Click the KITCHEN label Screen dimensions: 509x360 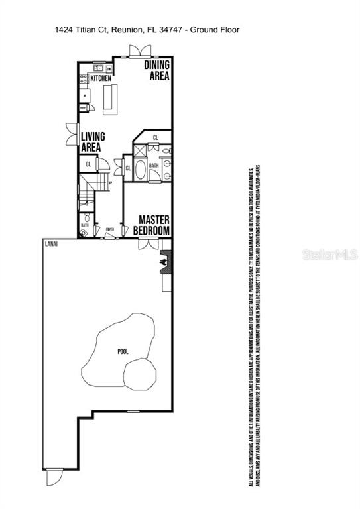click(x=101, y=78)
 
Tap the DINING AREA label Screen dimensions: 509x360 click(x=158, y=70)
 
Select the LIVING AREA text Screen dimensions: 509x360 click(x=91, y=142)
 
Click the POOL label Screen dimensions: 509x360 click(x=123, y=352)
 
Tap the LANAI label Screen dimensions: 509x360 click(x=52, y=245)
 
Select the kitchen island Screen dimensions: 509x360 click(x=110, y=99)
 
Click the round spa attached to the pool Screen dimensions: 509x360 click(x=140, y=374)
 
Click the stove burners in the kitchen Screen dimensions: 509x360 click(x=84, y=80)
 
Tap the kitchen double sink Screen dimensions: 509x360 click(x=98, y=68)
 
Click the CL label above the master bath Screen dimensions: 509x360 click(x=155, y=138)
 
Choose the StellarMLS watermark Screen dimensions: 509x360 click(x=330, y=254)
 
